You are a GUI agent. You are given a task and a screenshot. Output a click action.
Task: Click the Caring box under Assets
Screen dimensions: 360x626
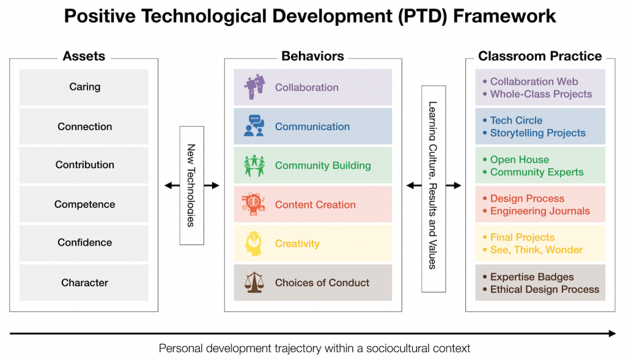[84, 87]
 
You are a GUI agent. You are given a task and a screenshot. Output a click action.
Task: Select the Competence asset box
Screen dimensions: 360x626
[84, 204]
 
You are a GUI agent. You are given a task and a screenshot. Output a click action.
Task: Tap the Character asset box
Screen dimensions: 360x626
[84, 282]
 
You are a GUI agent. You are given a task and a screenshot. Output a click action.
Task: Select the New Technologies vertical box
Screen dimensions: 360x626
[191, 185]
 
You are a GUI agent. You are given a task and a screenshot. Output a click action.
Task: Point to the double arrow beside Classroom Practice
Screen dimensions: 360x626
[453, 186]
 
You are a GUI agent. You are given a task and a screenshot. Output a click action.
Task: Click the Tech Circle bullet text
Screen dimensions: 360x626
[516, 120]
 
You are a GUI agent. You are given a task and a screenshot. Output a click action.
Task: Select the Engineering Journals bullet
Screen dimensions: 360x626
[540, 211]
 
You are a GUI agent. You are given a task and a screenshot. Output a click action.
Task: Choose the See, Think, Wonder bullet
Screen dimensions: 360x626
[536, 249]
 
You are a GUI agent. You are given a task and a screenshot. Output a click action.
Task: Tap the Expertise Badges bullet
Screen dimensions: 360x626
[532, 277]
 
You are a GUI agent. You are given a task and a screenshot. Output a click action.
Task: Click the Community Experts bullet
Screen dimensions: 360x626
[536, 172]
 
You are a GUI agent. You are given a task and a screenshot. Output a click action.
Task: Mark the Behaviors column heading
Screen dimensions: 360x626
[312, 56]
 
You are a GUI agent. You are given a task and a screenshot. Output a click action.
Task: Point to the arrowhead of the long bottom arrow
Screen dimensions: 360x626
[612, 333]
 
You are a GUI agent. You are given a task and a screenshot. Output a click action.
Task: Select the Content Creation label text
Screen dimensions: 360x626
[315, 205]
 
